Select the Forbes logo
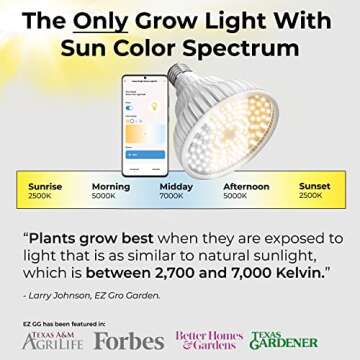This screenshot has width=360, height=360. tap(130, 341)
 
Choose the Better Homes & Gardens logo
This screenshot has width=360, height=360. tap(209, 339)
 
